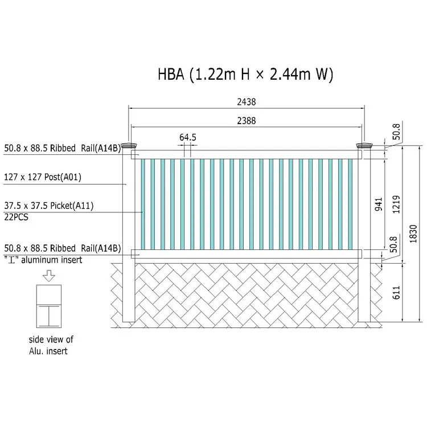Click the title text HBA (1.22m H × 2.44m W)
click(245, 74)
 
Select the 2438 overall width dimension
click(247, 102)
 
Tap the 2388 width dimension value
click(247, 121)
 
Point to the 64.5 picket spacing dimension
click(187, 138)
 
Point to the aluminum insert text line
click(43, 260)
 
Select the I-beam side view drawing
click(48, 306)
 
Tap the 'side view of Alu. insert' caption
click(50, 345)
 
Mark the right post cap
click(364, 146)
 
